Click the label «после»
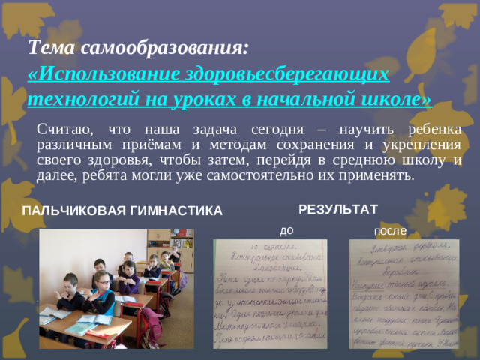[390, 230]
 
